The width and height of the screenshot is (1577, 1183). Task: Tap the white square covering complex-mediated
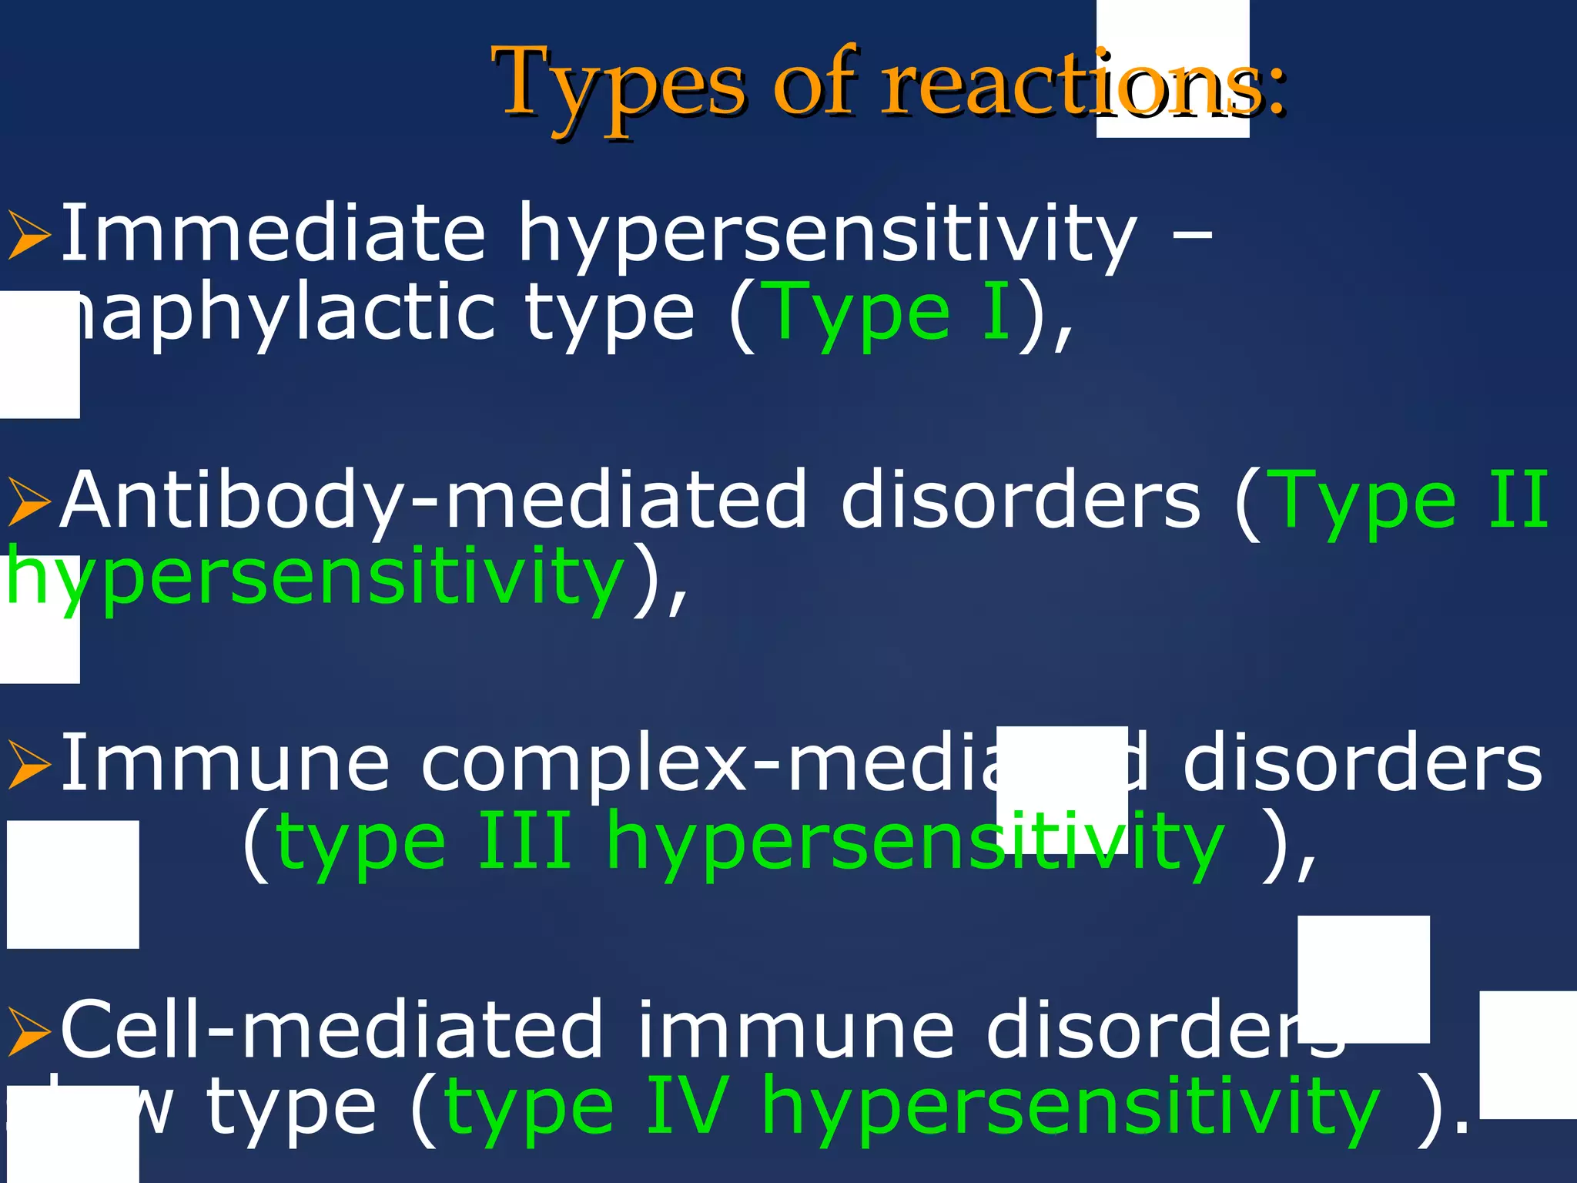(1062, 789)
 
